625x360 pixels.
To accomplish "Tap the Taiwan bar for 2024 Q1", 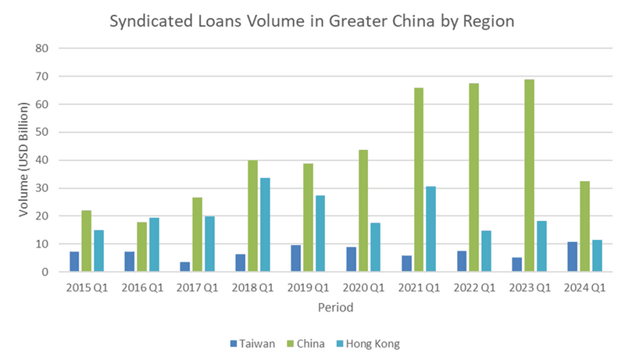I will (573, 257).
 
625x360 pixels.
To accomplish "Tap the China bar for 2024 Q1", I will (585, 226).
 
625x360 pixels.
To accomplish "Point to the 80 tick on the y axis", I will (42, 48).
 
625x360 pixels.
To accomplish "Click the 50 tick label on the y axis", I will (42, 132).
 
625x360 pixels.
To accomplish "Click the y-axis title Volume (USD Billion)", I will (24, 160).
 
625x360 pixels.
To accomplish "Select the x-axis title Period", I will (335, 308).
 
